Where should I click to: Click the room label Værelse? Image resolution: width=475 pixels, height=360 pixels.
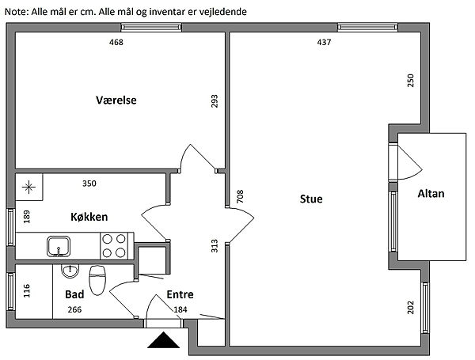click(x=116, y=100)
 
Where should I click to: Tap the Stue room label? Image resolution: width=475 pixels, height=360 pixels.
click(x=311, y=199)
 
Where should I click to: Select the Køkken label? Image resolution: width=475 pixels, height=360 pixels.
click(x=89, y=217)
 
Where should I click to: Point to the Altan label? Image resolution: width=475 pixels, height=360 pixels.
click(x=431, y=194)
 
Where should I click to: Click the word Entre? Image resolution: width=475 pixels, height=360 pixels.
click(x=180, y=294)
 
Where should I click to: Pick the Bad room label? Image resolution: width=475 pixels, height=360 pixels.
click(x=74, y=294)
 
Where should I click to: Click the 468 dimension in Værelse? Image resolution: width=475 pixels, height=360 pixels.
click(x=116, y=42)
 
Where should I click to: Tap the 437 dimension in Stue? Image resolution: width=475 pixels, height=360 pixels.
click(x=324, y=42)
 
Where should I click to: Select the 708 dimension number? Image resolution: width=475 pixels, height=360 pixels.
click(x=240, y=196)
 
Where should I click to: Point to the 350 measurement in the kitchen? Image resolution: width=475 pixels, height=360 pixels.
click(x=89, y=184)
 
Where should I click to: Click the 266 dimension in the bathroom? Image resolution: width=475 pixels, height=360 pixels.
click(x=74, y=309)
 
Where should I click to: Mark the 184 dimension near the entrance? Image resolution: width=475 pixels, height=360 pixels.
click(x=180, y=309)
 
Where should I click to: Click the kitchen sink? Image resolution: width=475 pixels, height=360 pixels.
click(x=59, y=246)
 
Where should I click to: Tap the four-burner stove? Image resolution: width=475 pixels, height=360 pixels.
click(x=114, y=245)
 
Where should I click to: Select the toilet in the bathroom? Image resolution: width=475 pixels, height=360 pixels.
click(x=97, y=280)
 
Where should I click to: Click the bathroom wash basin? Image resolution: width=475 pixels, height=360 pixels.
click(x=70, y=271)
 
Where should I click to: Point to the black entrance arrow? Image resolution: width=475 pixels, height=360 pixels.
click(x=164, y=339)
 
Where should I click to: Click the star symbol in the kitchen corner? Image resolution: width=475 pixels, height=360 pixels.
click(x=28, y=187)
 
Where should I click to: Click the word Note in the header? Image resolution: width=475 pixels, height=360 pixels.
click(x=16, y=12)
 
